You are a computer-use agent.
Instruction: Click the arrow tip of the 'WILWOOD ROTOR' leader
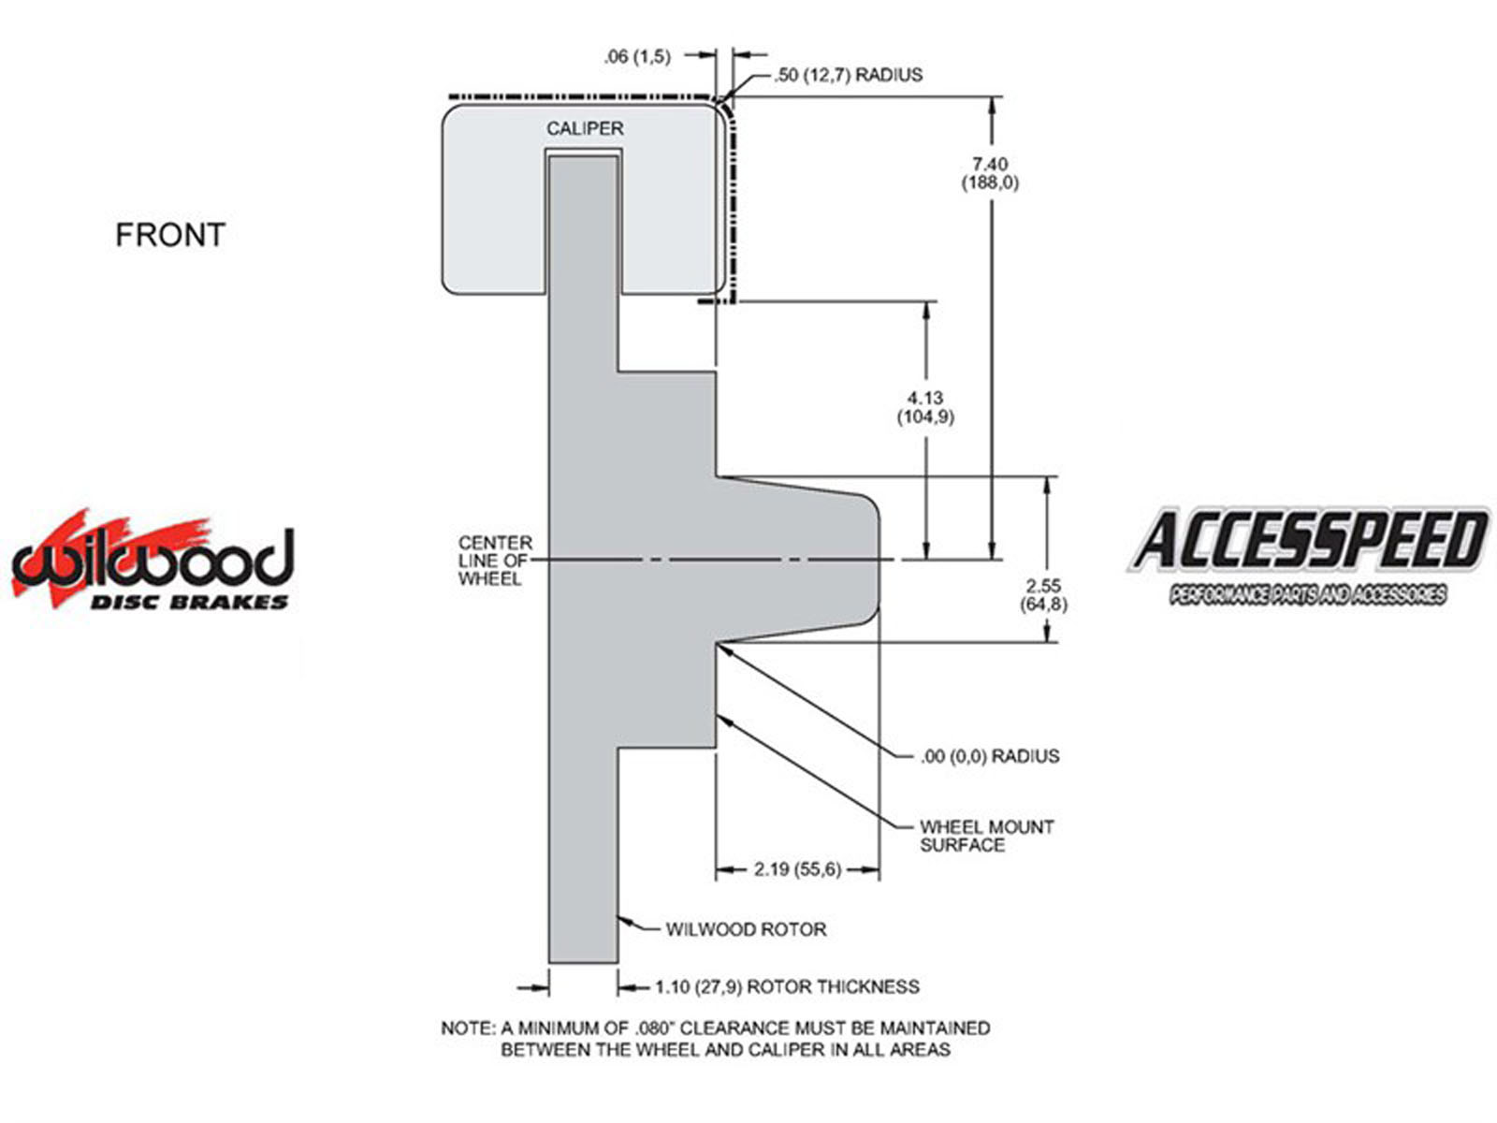coord(618,918)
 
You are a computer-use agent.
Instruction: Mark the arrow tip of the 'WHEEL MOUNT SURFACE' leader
coord(718,715)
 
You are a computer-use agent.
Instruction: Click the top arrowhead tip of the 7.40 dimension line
coord(992,97)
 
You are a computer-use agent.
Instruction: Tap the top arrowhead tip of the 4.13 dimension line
coord(926,301)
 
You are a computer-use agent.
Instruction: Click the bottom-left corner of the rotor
coord(549,963)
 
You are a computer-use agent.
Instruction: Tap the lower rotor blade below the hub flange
coord(584,855)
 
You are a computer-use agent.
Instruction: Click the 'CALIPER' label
coord(585,128)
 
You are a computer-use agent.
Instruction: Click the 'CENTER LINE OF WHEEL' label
coord(494,561)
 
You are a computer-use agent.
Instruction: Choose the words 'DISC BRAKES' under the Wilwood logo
coord(189,602)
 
